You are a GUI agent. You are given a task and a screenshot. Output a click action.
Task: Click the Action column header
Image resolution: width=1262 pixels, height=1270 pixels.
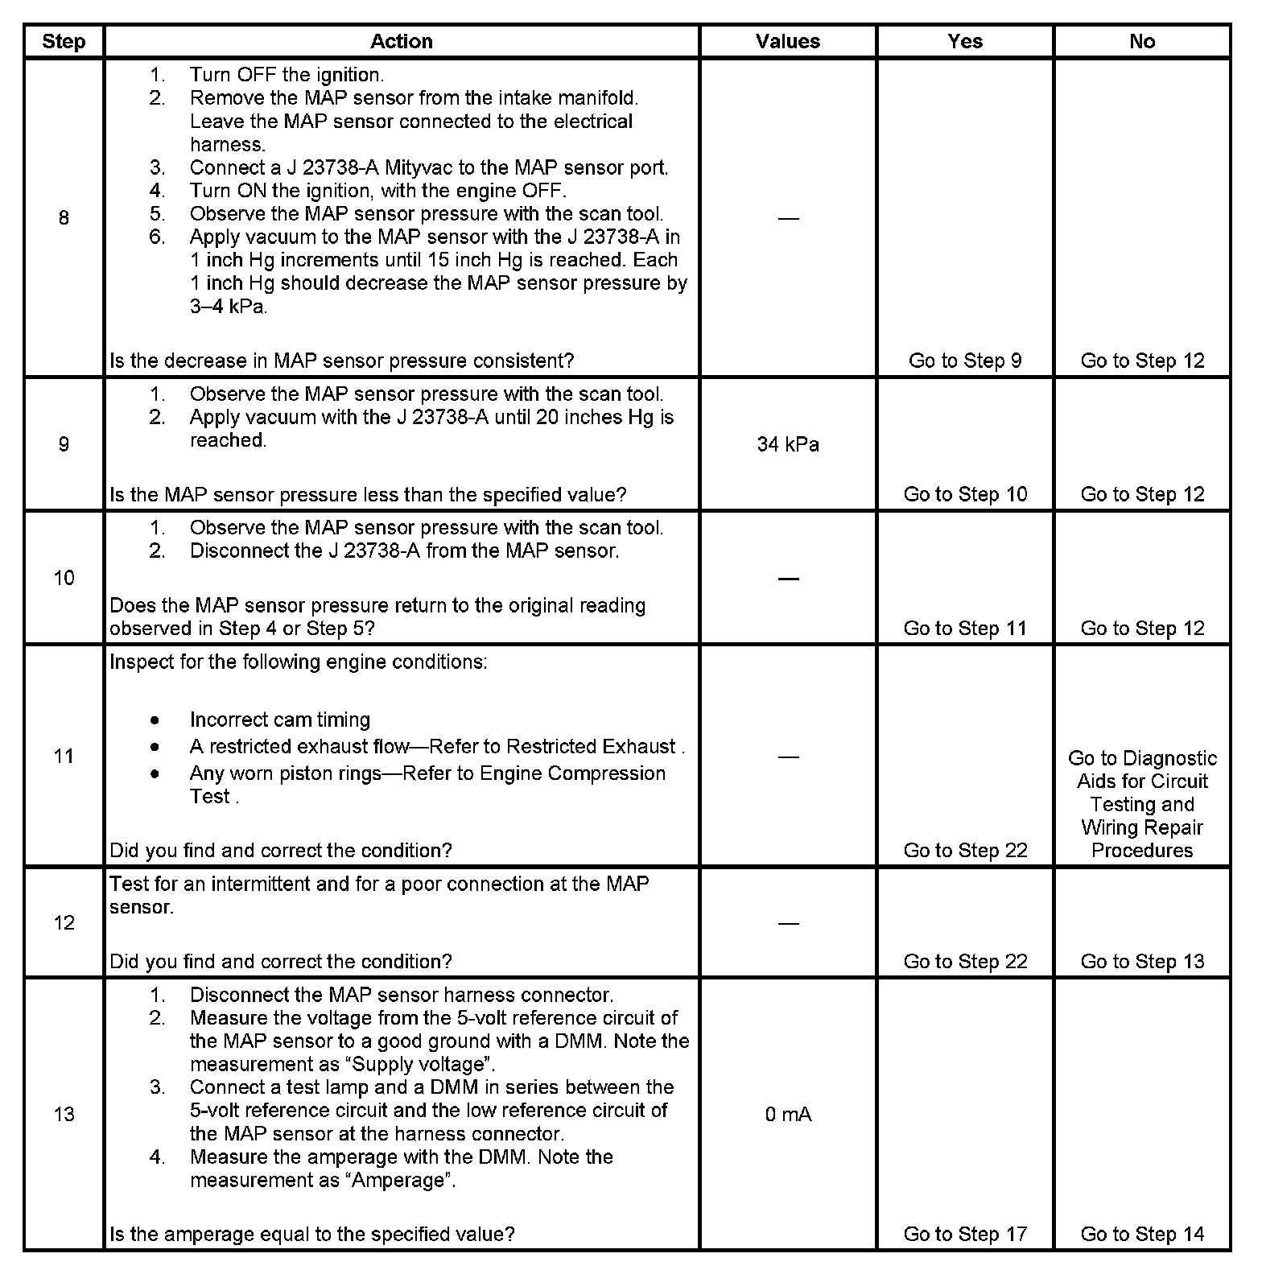tap(401, 42)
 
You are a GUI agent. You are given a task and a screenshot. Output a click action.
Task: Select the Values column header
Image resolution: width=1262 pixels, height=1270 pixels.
tap(788, 42)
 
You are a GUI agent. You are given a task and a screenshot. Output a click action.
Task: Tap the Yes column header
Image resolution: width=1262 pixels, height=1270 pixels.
tap(965, 42)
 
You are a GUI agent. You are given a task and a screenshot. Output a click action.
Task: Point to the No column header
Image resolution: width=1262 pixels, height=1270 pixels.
tap(1142, 42)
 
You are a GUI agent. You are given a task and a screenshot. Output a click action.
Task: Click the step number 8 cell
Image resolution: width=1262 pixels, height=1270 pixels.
tap(64, 218)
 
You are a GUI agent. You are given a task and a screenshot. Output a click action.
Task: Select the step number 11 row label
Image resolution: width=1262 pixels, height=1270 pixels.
tap(64, 757)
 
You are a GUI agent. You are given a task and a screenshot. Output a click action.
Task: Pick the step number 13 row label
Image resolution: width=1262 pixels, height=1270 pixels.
tap(64, 1115)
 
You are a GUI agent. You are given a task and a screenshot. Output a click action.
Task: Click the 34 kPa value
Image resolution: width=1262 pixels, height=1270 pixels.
tap(788, 444)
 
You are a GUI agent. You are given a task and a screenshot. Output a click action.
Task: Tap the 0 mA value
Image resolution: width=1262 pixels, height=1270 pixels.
tap(788, 1115)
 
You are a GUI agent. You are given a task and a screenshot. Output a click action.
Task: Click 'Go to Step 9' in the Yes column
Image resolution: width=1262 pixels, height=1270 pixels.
tap(965, 361)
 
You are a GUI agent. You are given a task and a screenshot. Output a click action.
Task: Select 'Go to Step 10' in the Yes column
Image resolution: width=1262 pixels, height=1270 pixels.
tap(965, 494)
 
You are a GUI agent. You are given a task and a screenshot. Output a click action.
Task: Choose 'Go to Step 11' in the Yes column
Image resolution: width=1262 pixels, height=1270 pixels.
tap(965, 628)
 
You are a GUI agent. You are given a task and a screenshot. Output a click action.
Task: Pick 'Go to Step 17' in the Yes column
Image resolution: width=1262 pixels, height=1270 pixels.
tap(965, 1234)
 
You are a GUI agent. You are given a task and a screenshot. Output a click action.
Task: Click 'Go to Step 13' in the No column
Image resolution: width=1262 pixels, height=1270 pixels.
tap(1142, 961)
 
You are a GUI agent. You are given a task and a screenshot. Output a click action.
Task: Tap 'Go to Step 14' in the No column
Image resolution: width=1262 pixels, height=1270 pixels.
tap(1142, 1234)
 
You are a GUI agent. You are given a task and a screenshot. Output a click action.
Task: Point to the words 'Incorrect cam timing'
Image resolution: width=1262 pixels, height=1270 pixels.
tap(279, 720)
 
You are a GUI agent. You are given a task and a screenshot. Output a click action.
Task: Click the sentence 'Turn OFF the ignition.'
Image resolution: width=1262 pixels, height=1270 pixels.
tap(287, 75)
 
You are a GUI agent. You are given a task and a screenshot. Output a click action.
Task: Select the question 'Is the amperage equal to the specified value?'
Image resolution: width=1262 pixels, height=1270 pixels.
tap(311, 1234)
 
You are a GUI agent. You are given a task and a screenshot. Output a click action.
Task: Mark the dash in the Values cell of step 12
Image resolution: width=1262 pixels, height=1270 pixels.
tap(788, 923)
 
